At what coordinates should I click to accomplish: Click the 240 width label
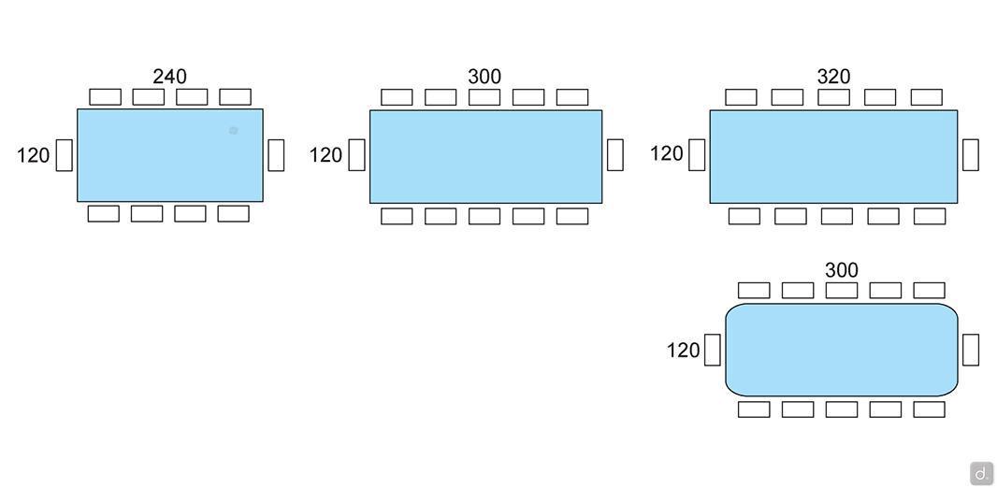(169, 76)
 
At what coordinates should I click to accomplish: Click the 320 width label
(833, 77)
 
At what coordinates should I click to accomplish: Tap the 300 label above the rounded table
(841, 270)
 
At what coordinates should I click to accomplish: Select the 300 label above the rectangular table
(484, 77)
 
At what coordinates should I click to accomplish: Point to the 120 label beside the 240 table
(33, 155)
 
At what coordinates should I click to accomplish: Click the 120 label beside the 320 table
(666, 153)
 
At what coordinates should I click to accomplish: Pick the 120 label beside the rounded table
(683, 351)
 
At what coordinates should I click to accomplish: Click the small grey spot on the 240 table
(234, 131)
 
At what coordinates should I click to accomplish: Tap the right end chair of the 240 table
(276, 155)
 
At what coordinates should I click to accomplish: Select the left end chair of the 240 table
(64, 155)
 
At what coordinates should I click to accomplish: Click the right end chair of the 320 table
(971, 155)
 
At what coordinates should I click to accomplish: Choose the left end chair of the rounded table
(713, 350)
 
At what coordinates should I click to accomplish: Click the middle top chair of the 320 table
(833, 97)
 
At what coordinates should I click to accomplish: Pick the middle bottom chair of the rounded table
(841, 409)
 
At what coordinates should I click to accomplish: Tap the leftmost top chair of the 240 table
(105, 97)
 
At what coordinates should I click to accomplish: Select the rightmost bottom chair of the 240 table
(233, 213)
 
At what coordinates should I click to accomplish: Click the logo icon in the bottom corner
(981, 473)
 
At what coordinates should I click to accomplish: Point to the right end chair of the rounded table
(971, 350)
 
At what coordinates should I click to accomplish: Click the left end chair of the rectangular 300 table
(356, 155)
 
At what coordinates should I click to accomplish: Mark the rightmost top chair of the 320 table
(926, 97)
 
